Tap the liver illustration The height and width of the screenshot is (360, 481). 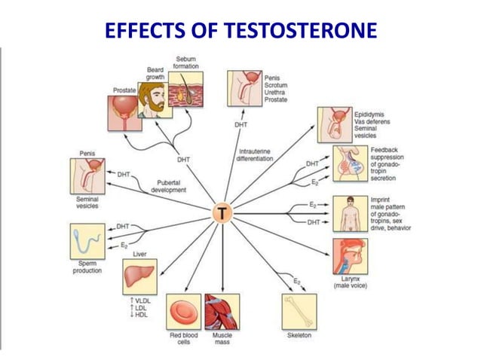[139, 277]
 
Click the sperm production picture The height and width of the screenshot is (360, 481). [86, 241]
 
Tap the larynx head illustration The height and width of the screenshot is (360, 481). [350, 256]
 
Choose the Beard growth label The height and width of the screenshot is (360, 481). [156, 74]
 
